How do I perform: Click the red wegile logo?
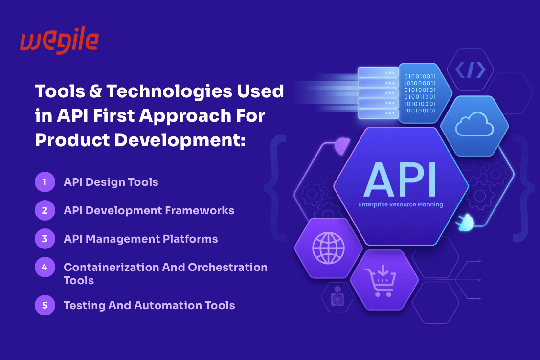(60, 40)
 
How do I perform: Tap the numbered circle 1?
(45, 182)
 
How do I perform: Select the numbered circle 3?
(45, 239)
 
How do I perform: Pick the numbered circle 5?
(45, 305)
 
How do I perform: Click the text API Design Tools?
(111, 182)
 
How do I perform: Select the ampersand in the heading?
(95, 91)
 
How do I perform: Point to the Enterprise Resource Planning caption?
(401, 204)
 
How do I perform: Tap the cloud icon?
(474, 124)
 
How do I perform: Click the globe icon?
(328, 248)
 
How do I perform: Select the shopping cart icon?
(381, 280)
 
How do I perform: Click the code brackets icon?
(471, 69)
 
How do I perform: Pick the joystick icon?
(338, 296)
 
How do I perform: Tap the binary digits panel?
(420, 93)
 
